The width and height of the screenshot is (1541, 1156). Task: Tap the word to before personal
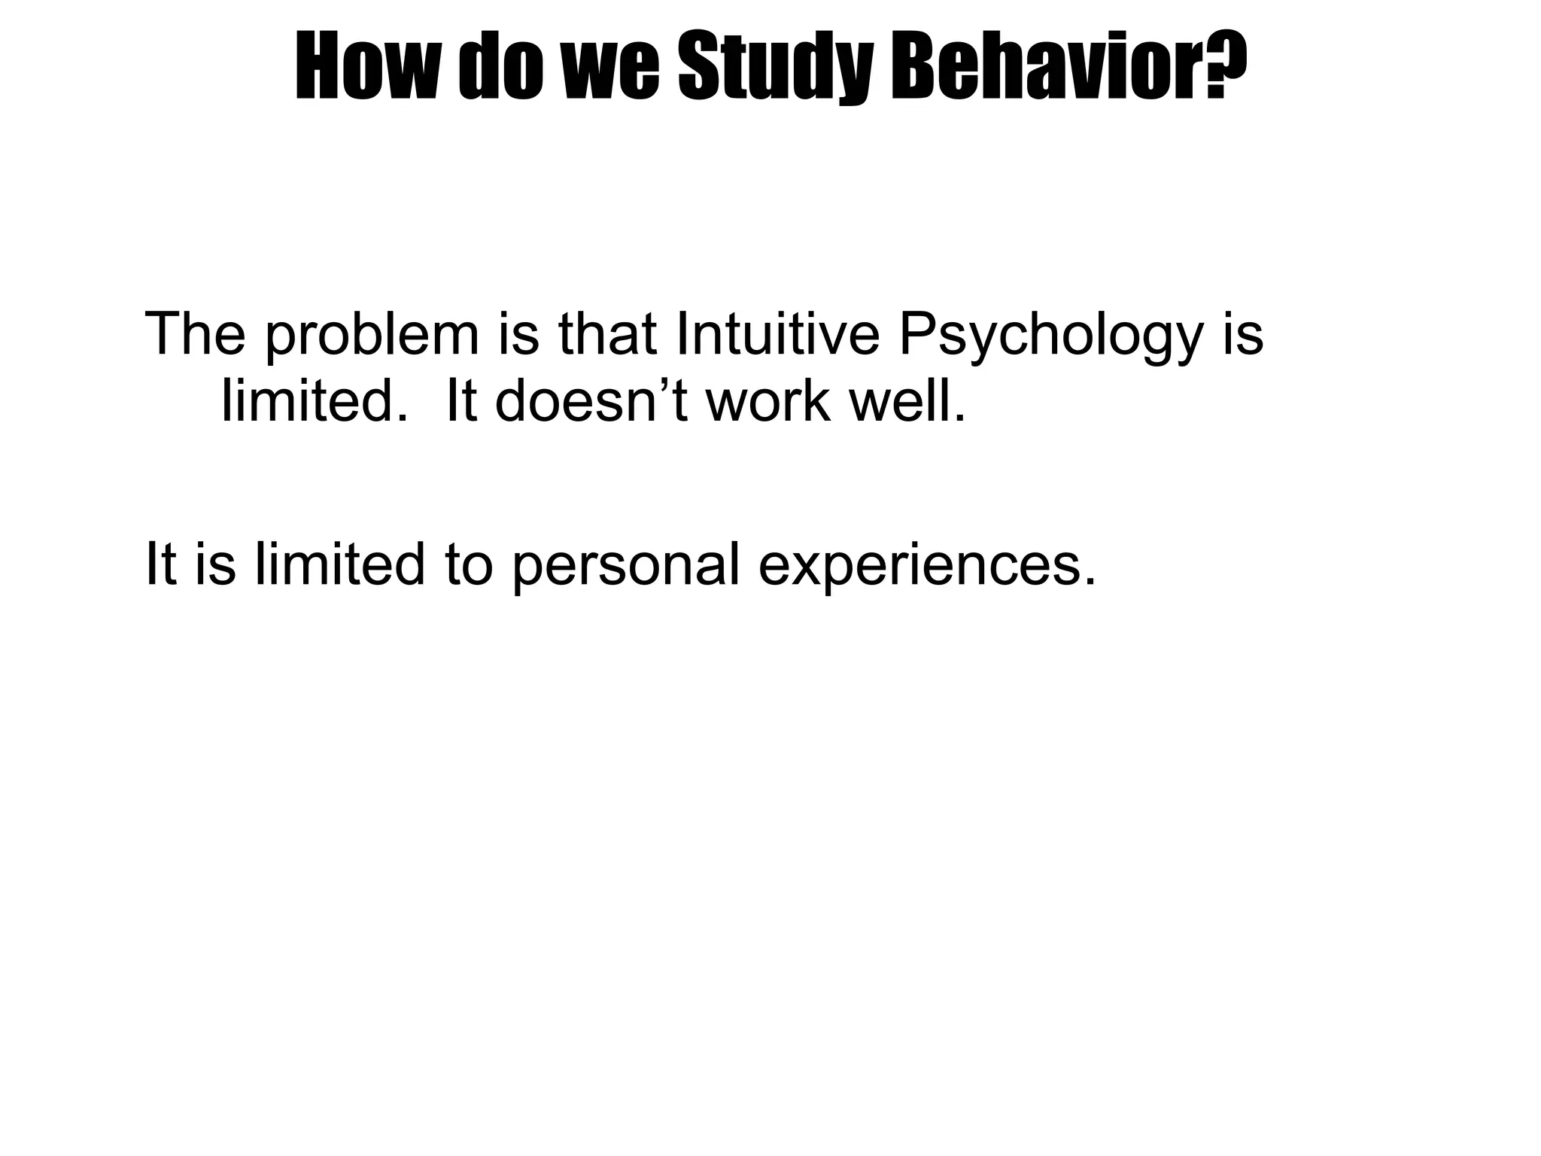pyautogui.click(x=469, y=564)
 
